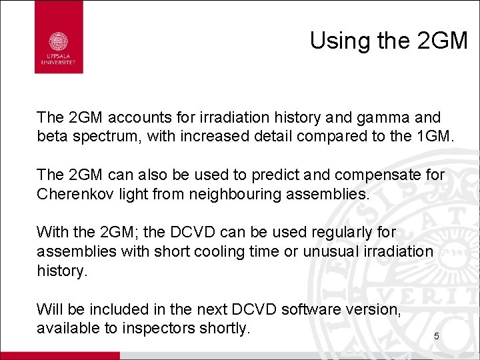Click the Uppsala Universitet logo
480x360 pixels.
point(59,37)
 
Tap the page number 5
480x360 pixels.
point(436,337)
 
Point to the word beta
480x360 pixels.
point(51,137)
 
